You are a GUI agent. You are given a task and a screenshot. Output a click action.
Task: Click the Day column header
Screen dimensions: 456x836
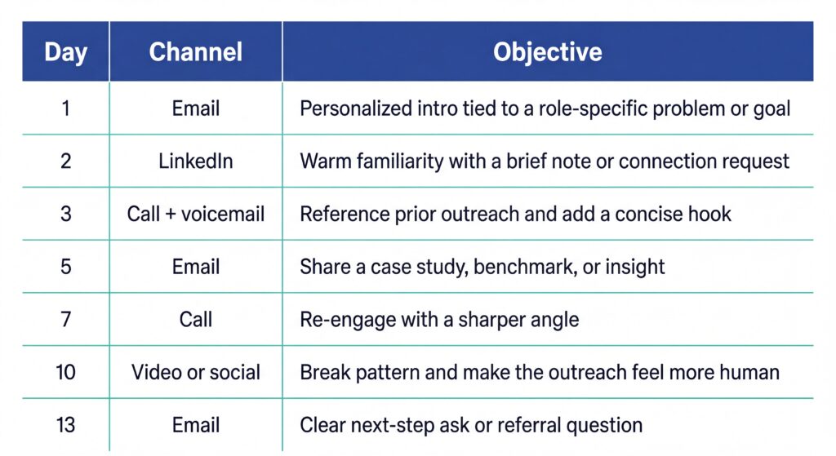pos(65,52)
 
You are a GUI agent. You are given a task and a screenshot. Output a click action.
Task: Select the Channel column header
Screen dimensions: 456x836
pos(196,52)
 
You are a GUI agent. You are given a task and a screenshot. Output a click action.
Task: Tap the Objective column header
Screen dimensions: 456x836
pos(548,52)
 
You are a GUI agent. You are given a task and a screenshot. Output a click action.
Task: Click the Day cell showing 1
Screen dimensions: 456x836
pos(65,108)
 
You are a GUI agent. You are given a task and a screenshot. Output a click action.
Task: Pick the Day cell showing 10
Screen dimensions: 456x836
pos(65,373)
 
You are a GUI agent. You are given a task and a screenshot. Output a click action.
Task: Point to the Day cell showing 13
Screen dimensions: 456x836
pos(65,425)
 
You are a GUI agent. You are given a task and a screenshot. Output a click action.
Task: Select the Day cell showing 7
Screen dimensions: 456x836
pos(65,319)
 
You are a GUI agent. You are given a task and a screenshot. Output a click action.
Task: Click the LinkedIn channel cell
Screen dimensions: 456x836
pos(196,162)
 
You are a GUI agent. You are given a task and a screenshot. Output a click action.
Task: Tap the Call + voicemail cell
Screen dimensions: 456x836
pos(196,215)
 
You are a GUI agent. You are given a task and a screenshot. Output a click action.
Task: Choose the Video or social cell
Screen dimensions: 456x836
pos(196,373)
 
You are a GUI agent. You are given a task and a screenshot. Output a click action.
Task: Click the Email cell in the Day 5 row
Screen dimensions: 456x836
pos(196,267)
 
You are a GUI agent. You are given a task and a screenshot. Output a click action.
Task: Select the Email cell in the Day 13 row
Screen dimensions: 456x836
pos(196,425)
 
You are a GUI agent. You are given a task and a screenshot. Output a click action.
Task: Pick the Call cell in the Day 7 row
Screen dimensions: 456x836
pos(196,319)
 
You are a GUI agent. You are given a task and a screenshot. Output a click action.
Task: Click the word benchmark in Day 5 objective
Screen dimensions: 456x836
pos(527,267)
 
